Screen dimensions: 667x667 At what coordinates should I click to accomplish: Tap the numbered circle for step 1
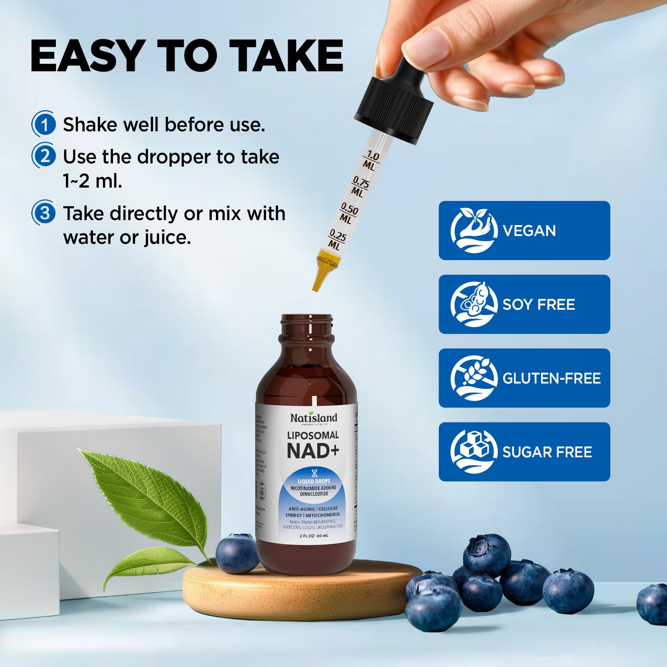[x=44, y=124]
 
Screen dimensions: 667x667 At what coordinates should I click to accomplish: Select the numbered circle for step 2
[x=44, y=156]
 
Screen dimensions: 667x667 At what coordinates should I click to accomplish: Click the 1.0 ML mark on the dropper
[x=371, y=161]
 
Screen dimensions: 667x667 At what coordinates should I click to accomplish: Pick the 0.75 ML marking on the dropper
[x=359, y=186]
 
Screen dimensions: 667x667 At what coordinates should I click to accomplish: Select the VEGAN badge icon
[x=474, y=231]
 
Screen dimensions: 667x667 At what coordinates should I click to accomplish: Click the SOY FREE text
[x=539, y=304]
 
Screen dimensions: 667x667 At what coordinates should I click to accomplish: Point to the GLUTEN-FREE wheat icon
[x=474, y=378]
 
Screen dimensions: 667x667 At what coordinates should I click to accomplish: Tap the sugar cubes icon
[x=474, y=451]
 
